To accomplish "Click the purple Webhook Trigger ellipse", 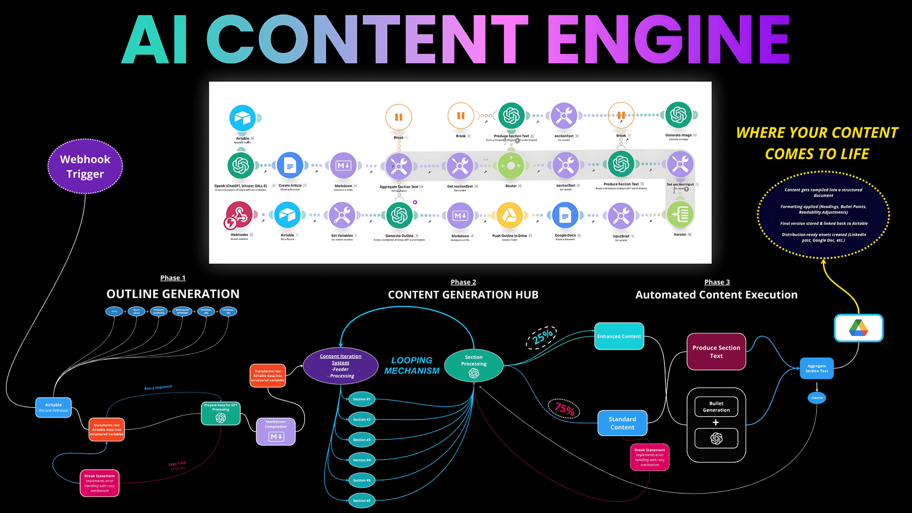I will [85, 166].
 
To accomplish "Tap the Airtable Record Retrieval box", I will [53, 408].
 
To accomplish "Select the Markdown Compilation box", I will [276, 431].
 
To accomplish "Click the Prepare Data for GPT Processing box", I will [221, 413].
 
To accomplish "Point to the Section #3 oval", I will [362, 440].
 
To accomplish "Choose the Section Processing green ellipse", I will [474, 366].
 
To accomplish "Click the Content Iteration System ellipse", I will [341, 366].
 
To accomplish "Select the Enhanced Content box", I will [619, 336].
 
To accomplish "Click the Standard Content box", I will [622, 423].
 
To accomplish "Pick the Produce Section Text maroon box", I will [716, 352].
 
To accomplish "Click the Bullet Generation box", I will [716, 406].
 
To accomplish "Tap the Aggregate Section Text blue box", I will [817, 368].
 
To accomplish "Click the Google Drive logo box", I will [859, 328].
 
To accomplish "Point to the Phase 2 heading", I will [463, 282].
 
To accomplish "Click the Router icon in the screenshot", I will [511, 166].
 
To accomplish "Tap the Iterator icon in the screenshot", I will [680, 214].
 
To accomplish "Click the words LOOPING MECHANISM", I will [412, 366].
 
